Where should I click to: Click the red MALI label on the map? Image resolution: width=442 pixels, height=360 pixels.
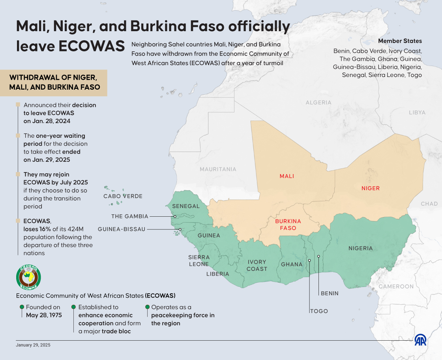click(x=287, y=176)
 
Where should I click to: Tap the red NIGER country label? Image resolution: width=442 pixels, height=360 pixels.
click(x=370, y=188)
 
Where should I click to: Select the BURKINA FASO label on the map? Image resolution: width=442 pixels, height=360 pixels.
click(x=288, y=225)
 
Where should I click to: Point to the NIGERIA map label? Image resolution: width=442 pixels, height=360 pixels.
click(x=360, y=248)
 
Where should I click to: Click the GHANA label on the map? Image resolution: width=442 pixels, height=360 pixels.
click(x=292, y=264)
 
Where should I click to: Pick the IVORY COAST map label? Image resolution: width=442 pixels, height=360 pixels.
click(x=257, y=265)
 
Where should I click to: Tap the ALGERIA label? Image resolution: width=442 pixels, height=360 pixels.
click(x=318, y=103)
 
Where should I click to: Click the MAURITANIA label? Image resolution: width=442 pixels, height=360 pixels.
click(x=218, y=169)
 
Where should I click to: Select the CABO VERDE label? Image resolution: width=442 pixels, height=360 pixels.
click(x=123, y=196)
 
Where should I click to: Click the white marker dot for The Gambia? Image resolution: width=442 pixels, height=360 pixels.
click(x=175, y=216)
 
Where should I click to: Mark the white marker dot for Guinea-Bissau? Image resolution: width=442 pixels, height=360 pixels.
click(x=180, y=229)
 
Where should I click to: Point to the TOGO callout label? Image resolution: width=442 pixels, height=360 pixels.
click(x=319, y=311)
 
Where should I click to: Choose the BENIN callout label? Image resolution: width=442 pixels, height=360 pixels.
click(x=330, y=294)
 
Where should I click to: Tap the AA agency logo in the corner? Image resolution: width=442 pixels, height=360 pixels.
click(x=420, y=340)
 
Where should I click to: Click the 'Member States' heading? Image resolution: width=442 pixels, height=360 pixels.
click(x=400, y=41)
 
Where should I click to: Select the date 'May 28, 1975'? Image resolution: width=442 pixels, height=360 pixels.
click(x=44, y=315)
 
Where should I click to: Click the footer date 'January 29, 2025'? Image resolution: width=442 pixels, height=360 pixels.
click(x=33, y=345)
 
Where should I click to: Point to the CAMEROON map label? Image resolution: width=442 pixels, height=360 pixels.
click(x=396, y=287)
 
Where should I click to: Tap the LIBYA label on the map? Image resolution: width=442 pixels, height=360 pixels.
click(x=417, y=112)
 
